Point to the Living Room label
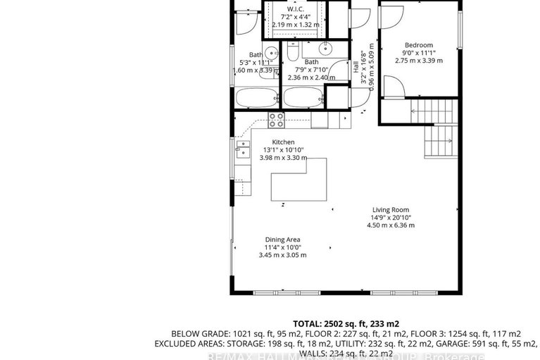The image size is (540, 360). pyautogui.click(x=391, y=209)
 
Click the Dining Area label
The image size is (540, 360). pyautogui.click(x=282, y=240)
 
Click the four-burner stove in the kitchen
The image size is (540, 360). pyautogui.click(x=276, y=120)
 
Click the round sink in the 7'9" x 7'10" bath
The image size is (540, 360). pyautogui.click(x=325, y=49)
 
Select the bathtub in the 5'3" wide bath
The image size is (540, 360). pyautogui.click(x=256, y=97)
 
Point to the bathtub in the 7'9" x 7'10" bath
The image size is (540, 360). pyautogui.click(x=304, y=97)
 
